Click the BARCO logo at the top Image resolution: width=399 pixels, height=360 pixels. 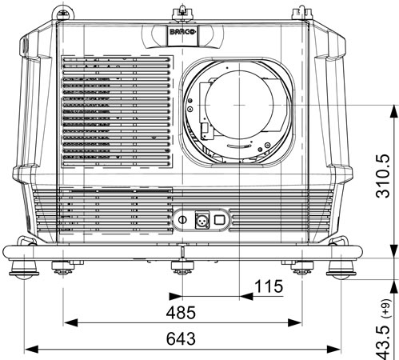click(183, 32)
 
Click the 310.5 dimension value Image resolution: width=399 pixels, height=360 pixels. click(383, 176)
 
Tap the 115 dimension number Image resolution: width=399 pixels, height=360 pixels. click(269, 286)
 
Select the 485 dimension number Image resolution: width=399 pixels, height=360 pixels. click(181, 313)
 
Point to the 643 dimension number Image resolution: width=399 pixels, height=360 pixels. click(181, 338)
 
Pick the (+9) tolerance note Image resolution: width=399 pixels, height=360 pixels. click(386, 309)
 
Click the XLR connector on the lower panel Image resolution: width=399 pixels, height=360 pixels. click(202, 220)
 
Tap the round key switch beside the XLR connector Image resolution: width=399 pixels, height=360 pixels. click(182, 220)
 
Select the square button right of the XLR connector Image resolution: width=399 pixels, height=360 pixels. click(220, 220)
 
